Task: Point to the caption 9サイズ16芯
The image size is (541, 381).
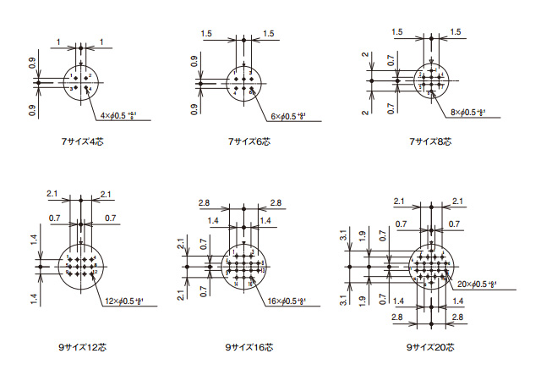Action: tap(247, 347)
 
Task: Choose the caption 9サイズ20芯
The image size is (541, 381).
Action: tap(430, 347)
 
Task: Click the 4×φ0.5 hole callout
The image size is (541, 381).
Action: tap(118, 115)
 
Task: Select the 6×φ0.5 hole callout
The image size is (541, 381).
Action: tap(288, 115)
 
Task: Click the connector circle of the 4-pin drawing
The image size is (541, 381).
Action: tap(81, 81)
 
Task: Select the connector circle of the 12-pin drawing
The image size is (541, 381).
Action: tap(81, 267)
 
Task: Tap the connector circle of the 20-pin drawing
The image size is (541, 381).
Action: tap(431, 267)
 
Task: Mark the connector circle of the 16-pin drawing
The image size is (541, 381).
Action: tap(245, 267)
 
